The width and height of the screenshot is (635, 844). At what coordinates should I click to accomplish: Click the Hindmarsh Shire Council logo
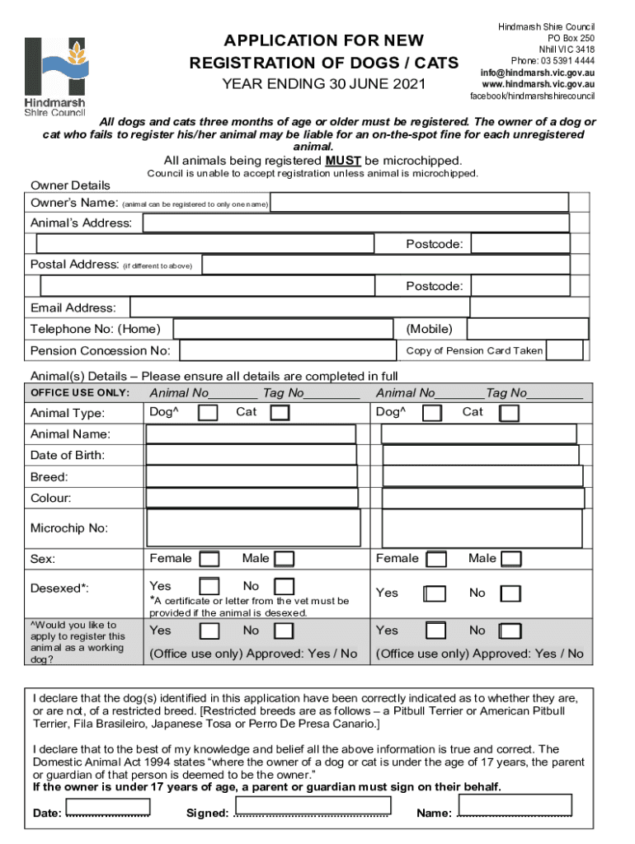click(54, 76)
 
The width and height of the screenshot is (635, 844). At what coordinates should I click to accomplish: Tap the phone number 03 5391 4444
click(552, 61)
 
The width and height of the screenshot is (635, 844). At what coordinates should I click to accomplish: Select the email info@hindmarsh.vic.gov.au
click(538, 73)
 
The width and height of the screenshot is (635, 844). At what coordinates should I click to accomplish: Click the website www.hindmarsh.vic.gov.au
click(538, 84)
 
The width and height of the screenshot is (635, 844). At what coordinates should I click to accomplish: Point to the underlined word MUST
click(342, 161)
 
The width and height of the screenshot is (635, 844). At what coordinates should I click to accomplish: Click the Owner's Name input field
click(419, 202)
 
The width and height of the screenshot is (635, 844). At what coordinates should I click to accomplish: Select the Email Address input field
click(293, 307)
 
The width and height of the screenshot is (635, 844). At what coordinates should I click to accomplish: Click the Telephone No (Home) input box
click(285, 329)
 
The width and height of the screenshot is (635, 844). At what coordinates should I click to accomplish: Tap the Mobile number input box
click(527, 329)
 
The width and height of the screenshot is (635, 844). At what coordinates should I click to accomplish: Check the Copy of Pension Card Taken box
click(565, 350)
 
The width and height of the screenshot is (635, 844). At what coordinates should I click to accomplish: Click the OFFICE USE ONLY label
click(80, 392)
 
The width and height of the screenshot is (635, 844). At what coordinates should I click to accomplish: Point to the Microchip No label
click(69, 528)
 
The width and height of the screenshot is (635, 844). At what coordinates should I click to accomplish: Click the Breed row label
click(49, 477)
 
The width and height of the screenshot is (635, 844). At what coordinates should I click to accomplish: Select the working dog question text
click(78, 642)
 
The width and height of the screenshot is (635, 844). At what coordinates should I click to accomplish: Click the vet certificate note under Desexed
click(249, 607)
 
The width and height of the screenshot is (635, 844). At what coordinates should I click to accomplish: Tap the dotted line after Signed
click(311, 814)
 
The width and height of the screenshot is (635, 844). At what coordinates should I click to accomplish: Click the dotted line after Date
click(108, 814)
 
